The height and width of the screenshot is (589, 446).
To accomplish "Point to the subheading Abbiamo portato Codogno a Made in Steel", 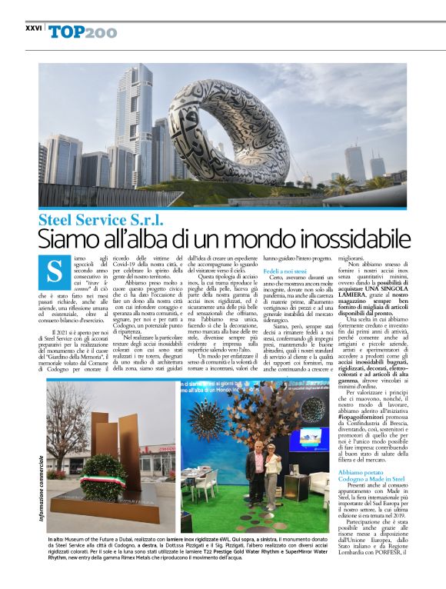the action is click(x=373, y=473).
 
